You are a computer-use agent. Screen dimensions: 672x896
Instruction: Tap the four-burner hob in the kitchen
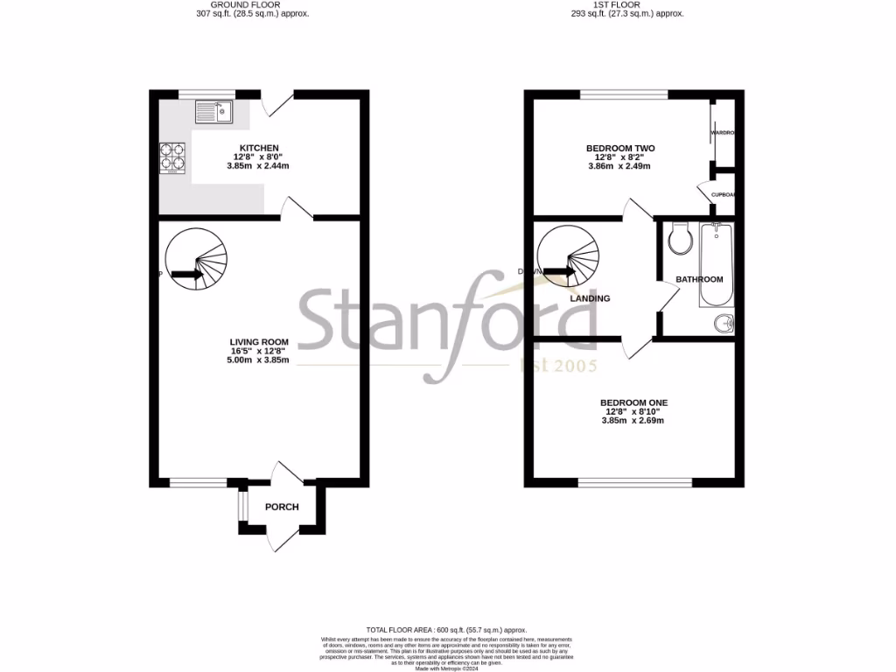(x=171, y=155)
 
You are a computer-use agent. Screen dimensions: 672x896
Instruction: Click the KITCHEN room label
(x=259, y=148)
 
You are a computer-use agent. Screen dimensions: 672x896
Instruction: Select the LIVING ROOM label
(x=259, y=342)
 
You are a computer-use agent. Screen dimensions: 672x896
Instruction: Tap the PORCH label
(x=282, y=507)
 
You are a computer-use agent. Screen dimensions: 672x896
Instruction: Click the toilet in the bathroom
(x=679, y=238)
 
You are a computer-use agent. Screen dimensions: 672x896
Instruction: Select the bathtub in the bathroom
(x=715, y=264)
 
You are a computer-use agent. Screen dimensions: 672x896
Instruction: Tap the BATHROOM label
(x=699, y=279)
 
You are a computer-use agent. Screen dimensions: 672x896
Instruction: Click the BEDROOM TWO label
(x=620, y=148)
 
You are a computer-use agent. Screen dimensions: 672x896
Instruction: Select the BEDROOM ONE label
(x=633, y=402)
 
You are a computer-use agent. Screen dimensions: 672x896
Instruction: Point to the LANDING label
(x=590, y=298)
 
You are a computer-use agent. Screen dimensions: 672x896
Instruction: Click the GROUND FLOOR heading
(x=252, y=4)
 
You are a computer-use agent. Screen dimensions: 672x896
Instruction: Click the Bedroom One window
(x=634, y=482)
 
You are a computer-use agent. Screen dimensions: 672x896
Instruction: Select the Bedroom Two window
(x=623, y=94)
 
